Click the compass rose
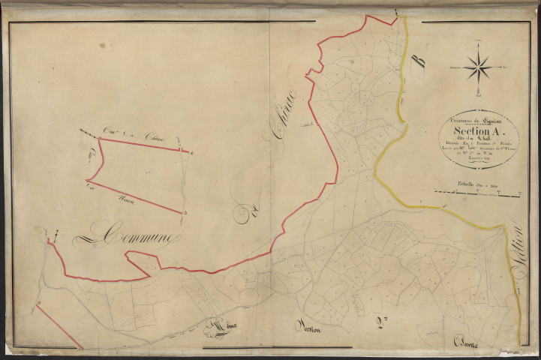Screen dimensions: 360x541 click(x=478, y=67)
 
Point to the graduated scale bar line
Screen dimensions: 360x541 click(x=481, y=195)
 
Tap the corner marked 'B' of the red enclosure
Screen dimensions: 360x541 click(x=182, y=213)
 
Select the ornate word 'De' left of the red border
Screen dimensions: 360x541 click(x=242, y=215)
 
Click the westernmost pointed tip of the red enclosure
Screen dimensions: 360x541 click(x=87, y=181)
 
